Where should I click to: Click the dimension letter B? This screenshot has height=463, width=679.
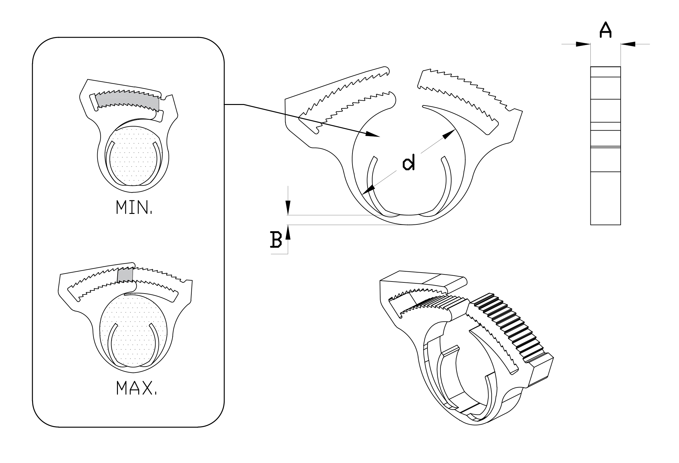[x=276, y=240]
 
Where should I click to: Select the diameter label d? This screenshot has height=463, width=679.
[x=408, y=163]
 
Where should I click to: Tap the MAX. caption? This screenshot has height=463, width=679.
[x=136, y=388]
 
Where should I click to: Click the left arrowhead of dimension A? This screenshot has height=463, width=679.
[x=583, y=44]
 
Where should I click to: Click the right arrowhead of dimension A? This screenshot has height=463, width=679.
[x=628, y=44]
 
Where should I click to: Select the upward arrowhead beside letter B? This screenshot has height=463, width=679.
[x=288, y=232]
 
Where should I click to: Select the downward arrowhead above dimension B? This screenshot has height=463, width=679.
[x=288, y=208]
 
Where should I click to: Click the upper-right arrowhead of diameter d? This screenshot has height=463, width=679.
[x=449, y=135]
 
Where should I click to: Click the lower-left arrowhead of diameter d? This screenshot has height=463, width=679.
[x=369, y=190]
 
